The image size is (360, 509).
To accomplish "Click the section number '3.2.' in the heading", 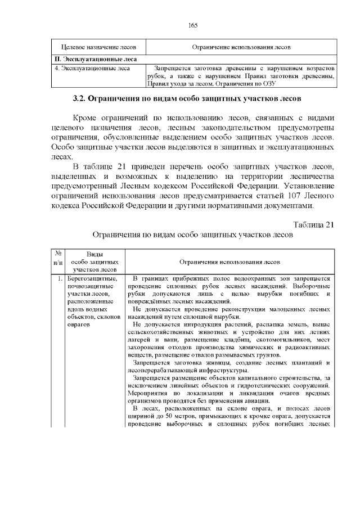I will (x=82, y=99).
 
